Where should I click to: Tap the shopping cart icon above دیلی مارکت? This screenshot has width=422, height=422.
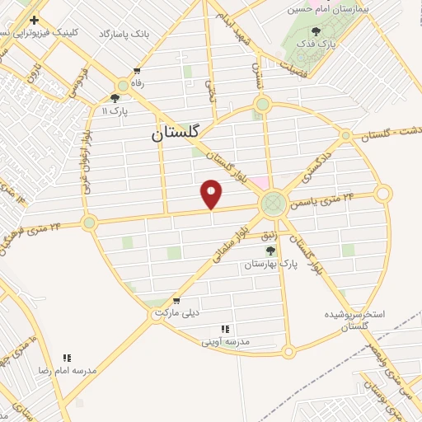click(176, 301)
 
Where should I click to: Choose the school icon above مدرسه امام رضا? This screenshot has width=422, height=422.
click(68, 358)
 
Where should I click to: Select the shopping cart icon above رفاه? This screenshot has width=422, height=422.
click(136, 71)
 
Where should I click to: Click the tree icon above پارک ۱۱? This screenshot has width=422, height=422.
click(115, 97)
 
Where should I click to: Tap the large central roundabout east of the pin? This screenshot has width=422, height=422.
click(273, 204)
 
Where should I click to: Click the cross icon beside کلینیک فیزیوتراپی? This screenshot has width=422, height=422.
click(33, 19)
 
